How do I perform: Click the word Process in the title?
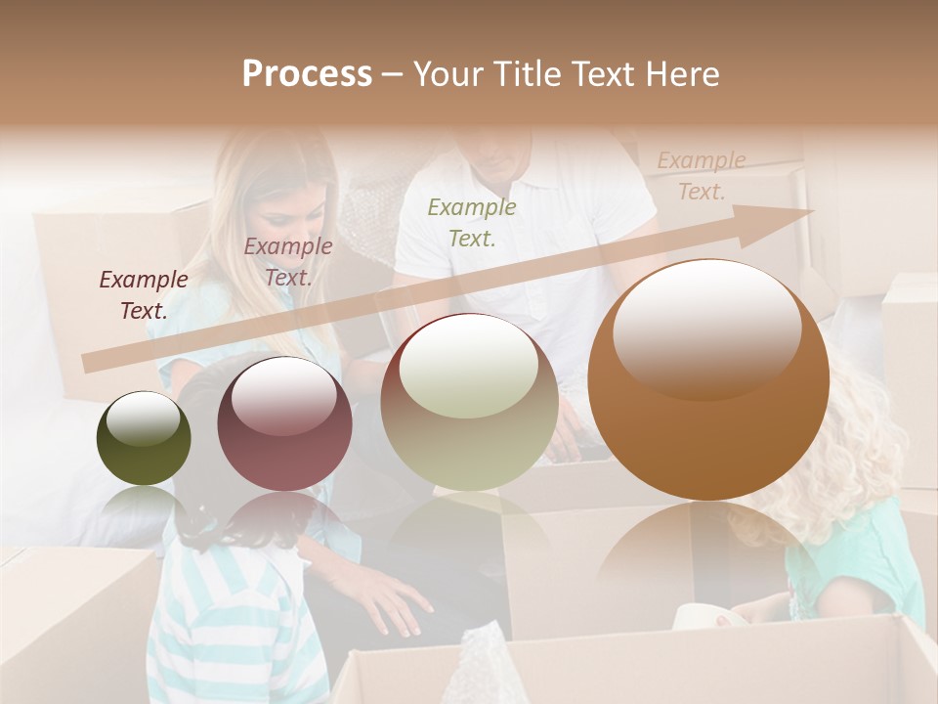point(307,74)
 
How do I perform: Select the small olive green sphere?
point(144,438)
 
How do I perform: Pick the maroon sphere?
point(283,423)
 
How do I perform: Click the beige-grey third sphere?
point(469,402)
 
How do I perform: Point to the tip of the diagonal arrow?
point(811,211)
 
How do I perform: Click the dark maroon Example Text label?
point(144,295)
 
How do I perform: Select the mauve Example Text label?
point(288,262)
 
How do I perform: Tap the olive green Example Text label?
point(472,222)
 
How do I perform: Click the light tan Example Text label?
point(702,176)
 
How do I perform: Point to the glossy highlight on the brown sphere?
point(706,328)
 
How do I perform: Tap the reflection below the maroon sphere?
point(283,523)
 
